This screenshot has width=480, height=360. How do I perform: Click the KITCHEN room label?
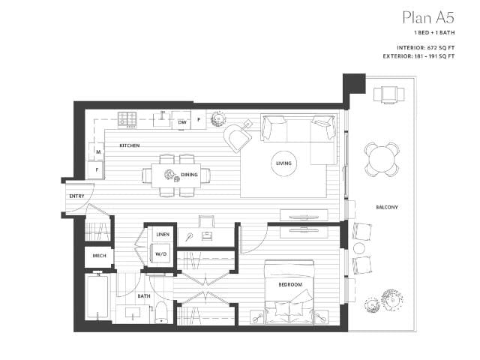coord(129,145)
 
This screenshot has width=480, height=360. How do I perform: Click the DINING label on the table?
coord(190,175)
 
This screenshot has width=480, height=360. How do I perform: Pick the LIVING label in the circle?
coord(283,163)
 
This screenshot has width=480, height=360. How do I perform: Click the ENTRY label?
coord(76,196)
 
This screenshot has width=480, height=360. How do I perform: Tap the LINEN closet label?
coord(162,235)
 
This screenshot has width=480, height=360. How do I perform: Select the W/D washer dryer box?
coord(160,253)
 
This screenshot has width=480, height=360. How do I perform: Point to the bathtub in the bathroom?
coord(97,298)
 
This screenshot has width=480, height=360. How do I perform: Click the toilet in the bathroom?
coord(160,313)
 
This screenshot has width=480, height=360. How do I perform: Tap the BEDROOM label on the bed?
coord(290,285)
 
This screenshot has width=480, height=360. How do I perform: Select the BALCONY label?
coord(387,206)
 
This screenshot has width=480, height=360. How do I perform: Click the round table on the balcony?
coord(382,157)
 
